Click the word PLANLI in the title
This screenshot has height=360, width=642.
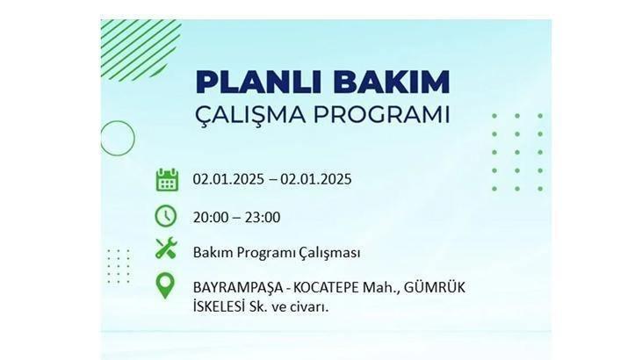(261, 82)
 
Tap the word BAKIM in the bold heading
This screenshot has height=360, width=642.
(392, 82)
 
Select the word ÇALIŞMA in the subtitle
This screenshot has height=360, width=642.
(250, 115)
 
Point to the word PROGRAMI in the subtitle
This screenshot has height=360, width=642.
(381, 115)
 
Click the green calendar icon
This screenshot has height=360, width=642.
(167, 179)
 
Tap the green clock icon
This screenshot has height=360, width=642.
(166, 216)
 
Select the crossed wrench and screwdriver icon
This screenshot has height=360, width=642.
(166, 248)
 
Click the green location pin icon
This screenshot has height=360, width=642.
(165, 286)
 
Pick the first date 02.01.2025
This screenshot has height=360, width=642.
(228, 179)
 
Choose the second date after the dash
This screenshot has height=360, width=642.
(315, 179)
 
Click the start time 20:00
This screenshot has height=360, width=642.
(211, 218)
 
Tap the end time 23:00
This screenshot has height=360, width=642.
(263, 218)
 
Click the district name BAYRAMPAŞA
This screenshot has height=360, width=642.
(238, 288)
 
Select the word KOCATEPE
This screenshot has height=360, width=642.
(327, 287)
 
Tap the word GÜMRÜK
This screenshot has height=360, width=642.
(435, 287)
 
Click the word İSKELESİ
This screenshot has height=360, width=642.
(219, 306)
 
